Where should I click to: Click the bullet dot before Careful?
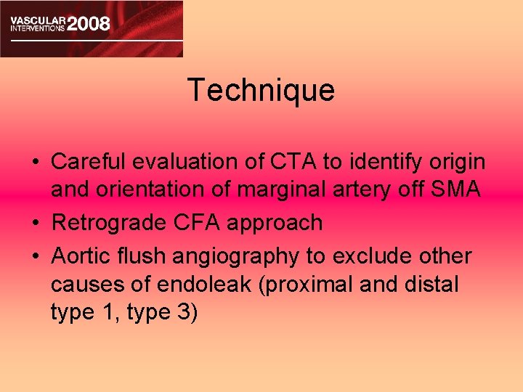(36, 160)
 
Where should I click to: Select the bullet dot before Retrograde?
(36, 223)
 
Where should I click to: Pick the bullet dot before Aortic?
(36, 256)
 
